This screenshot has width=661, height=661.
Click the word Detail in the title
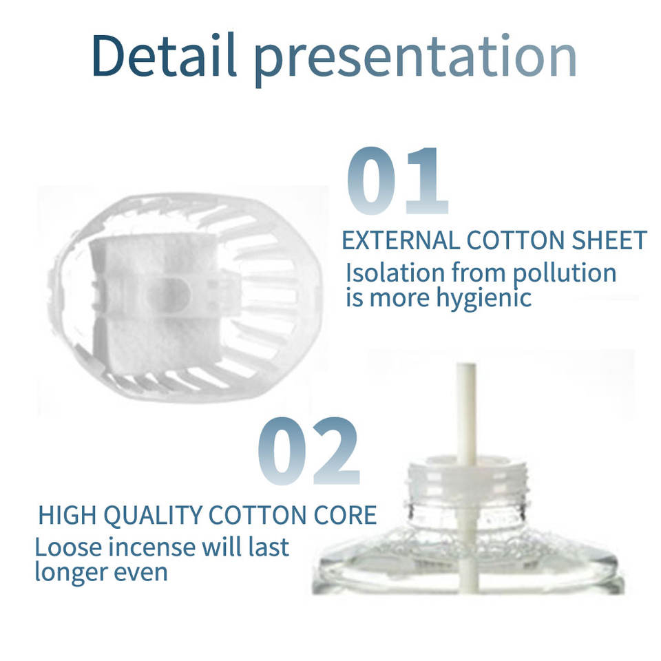point(163,55)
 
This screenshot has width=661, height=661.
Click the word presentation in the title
point(415,60)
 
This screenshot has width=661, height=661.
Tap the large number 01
point(397,180)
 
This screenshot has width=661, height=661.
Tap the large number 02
point(308,450)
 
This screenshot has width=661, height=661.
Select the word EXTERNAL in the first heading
point(401,240)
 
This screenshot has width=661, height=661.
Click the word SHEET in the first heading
point(609,240)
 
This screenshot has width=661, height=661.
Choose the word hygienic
point(483,299)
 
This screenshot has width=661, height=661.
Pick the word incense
point(153,547)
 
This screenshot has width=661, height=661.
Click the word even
point(140,573)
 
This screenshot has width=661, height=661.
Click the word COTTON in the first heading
point(516,240)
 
